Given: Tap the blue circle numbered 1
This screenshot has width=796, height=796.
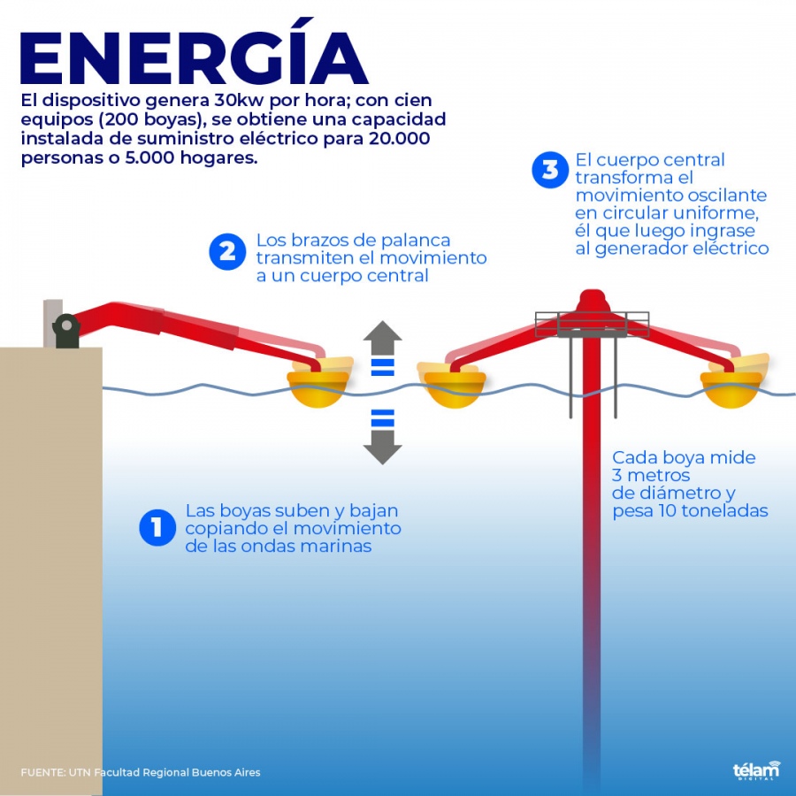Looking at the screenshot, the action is [x=157, y=527].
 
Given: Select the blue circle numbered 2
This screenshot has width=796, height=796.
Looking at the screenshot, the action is [x=227, y=252].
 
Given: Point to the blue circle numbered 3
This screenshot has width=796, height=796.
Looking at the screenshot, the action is [x=550, y=170].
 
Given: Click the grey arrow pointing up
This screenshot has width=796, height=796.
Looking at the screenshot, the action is [x=382, y=337].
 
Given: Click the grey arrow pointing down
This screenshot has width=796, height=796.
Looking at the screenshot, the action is [x=382, y=448].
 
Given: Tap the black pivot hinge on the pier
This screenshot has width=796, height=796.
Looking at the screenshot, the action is [x=66, y=331].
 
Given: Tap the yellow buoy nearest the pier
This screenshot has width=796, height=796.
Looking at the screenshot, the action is [x=319, y=383].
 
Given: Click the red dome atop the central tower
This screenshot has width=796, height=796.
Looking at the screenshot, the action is [x=593, y=301].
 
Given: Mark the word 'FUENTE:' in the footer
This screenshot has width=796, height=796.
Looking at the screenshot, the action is [x=43, y=773].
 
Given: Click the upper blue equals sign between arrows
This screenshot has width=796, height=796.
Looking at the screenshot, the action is [x=383, y=368].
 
